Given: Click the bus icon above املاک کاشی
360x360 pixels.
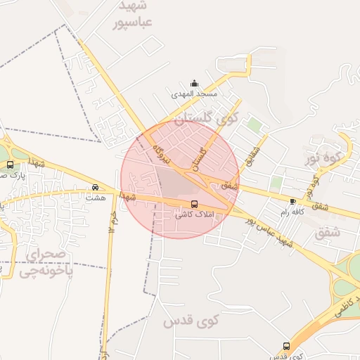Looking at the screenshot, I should pos(194,204).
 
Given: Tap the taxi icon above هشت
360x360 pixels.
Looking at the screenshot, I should pos(95,188).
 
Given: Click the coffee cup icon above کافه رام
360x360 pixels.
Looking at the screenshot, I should pos(292,201).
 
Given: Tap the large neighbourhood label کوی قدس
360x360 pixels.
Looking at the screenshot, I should pos(192,321).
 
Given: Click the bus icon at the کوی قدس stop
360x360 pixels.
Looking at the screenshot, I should pos(285,346).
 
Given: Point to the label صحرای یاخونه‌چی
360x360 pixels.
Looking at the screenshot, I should pos(46,261).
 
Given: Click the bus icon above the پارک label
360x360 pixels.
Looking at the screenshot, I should pos(10,165).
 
